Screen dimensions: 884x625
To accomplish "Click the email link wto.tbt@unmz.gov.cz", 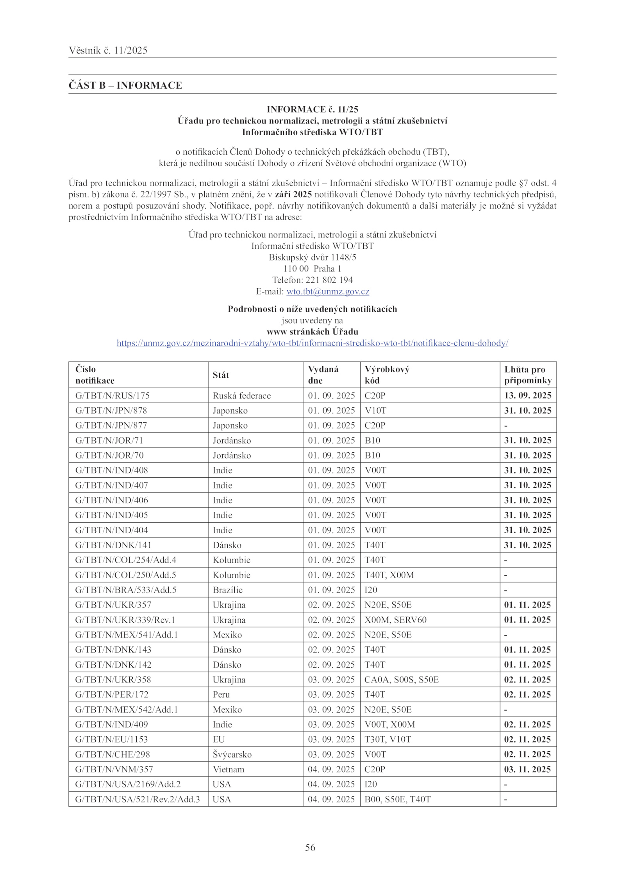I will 328,291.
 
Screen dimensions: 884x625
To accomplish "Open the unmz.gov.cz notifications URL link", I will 312,343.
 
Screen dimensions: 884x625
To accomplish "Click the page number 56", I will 310,847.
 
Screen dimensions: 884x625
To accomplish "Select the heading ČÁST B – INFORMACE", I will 125,85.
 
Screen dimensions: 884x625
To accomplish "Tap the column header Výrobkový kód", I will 387,375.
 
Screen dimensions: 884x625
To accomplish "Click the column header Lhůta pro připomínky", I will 527,375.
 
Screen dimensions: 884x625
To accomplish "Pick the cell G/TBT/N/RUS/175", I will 112,395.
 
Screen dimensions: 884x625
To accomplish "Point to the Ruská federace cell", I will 241,395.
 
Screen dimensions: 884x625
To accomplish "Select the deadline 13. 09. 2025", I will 527,395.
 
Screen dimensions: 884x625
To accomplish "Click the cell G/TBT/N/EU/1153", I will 111,739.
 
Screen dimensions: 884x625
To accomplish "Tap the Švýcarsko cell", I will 232,754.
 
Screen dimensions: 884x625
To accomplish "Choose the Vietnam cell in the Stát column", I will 229,769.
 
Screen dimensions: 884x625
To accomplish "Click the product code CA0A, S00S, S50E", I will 401,679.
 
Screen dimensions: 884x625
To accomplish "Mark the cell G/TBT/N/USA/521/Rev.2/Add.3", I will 137,799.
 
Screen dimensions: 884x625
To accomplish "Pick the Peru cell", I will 221,694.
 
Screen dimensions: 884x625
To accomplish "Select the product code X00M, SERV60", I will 395,620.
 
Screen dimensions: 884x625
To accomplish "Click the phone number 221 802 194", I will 329,280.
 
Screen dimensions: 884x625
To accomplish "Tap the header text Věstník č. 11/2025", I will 108,50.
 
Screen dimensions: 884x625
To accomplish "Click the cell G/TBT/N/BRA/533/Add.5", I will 126,589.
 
